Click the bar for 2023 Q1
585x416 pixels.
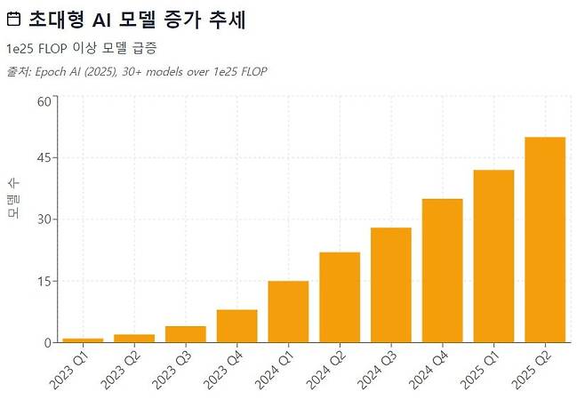click(83, 340)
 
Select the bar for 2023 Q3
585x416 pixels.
click(186, 334)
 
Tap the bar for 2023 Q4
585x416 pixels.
click(237, 326)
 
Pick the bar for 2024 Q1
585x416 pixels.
click(288, 312)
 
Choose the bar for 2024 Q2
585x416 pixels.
click(340, 298)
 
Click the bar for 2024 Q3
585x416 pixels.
click(391, 285)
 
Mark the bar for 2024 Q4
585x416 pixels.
click(443, 271)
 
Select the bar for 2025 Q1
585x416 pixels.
click(494, 256)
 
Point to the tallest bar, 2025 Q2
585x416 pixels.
click(545, 240)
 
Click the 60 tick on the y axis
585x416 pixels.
click(44, 100)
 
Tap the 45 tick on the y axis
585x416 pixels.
click(44, 158)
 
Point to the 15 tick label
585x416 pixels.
click(44, 282)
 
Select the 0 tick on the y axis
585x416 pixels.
click(47, 343)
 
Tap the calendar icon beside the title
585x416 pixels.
click(13, 19)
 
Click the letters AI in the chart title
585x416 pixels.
click(104, 19)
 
